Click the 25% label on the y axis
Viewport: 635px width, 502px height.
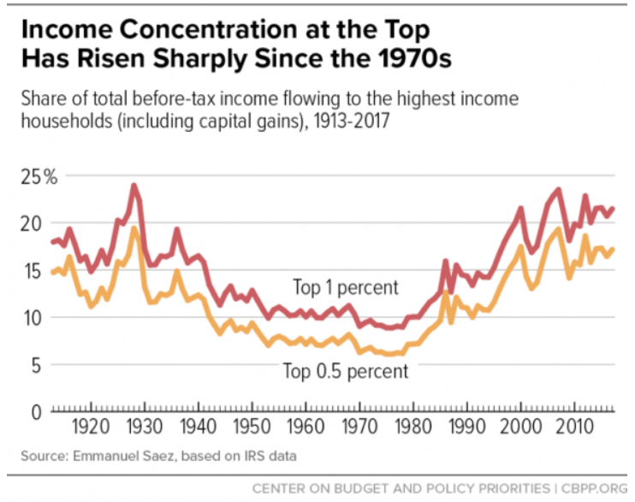coord(39,177)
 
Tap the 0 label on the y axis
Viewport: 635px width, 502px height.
coord(37,412)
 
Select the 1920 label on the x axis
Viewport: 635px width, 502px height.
coord(91,427)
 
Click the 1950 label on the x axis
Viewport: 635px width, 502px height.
coord(252,427)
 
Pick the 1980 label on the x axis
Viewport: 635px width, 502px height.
coord(413,427)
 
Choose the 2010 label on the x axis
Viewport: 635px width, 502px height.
coord(574,427)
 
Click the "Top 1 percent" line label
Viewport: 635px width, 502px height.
coord(346,288)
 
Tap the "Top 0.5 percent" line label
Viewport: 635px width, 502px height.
coord(346,371)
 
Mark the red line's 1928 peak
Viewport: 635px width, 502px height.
coord(134,186)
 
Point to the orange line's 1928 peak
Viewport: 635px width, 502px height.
coord(134,228)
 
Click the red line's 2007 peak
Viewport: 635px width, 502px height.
coord(559,190)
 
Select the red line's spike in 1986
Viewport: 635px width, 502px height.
coord(446,261)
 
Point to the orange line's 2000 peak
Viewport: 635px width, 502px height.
coord(520,246)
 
